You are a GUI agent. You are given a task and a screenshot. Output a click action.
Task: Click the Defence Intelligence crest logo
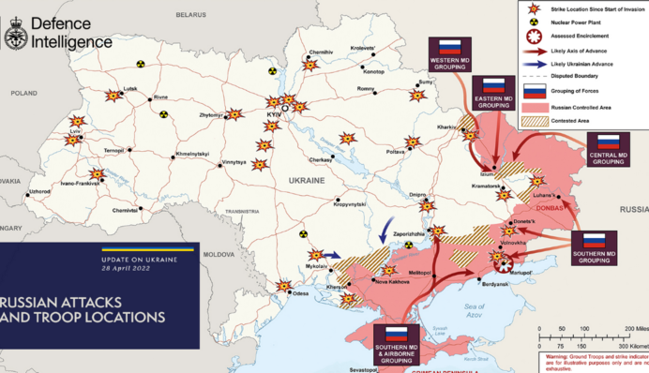[16, 35]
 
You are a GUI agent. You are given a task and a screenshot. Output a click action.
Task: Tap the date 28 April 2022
[125, 268]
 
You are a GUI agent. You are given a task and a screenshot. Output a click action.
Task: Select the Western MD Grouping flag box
[453, 53]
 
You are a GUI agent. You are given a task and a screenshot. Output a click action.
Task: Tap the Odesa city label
[300, 294]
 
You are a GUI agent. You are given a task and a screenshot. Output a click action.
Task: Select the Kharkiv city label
[446, 127]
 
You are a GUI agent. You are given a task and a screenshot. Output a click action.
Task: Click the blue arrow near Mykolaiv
[333, 254]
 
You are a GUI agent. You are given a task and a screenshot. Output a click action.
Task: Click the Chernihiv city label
[320, 52]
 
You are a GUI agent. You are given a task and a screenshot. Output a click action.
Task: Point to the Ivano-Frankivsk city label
[82, 184]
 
